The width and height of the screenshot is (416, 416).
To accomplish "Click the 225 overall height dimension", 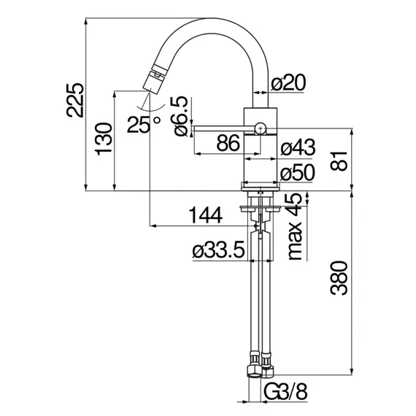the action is [75, 100].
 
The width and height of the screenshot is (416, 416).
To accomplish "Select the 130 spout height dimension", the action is [104, 139].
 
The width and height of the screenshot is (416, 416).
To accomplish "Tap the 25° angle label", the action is [144, 124].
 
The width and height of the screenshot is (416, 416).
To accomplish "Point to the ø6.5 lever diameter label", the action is [180, 116].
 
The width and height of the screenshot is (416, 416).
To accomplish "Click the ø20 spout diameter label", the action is [288, 82].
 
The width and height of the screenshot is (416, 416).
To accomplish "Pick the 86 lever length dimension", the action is [228, 143].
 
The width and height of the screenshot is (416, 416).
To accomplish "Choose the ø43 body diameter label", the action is [298, 147].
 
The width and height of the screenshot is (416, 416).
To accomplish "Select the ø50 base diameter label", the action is [298, 172].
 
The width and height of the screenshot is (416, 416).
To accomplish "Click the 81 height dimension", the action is [339, 161].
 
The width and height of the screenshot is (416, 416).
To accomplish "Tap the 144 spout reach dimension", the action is [205, 215].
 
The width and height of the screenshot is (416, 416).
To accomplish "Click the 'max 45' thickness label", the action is [295, 226].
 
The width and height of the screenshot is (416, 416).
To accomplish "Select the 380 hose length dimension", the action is [339, 278].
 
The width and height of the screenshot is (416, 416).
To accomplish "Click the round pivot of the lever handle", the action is [261, 128].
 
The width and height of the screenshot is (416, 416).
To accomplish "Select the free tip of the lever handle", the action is [195, 128].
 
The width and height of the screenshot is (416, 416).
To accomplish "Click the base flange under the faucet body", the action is [260, 186].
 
